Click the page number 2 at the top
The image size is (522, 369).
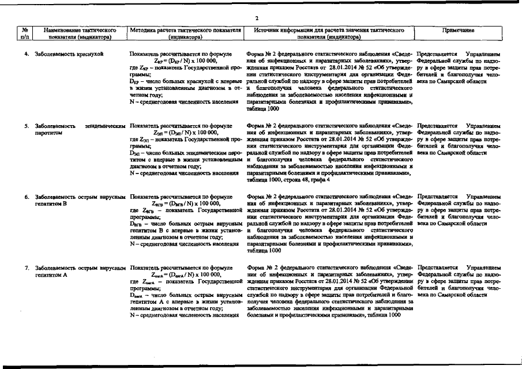tap(257, 18)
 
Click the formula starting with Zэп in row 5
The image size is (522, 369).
tap(186, 132)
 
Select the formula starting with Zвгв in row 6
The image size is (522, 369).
tap(186, 204)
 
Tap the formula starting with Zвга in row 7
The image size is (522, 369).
tap(186, 275)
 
